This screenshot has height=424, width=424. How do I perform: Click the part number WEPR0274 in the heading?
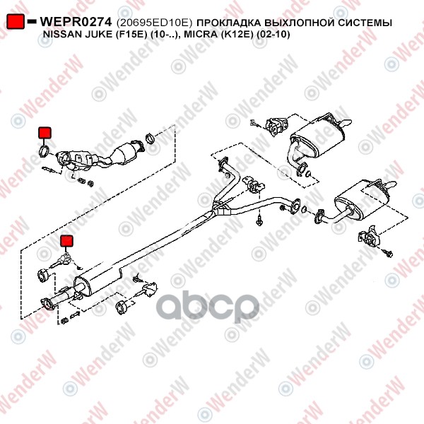pyautogui.click(x=76, y=22)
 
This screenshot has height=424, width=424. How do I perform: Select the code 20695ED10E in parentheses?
pyautogui.click(x=154, y=23)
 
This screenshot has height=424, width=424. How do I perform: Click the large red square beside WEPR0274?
pyautogui.click(x=15, y=21)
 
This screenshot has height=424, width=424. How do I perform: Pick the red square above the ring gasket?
pyautogui.click(x=45, y=133)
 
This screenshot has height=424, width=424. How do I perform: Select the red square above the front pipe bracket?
pyautogui.click(x=66, y=241)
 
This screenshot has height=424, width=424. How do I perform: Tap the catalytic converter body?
pyautogui.click(x=125, y=153)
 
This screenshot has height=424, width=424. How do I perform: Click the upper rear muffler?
pyautogui.click(x=317, y=138)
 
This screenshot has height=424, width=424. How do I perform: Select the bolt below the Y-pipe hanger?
pyautogui.click(x=259, y=220)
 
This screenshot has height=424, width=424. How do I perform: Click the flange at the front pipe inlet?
pyautogui.click(x=48, y=304)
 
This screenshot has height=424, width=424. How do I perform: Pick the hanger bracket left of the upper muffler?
pyautogui.click(x=276, y=126)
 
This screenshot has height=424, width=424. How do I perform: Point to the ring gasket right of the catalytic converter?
pyautogui.click(x=150, y=139)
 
